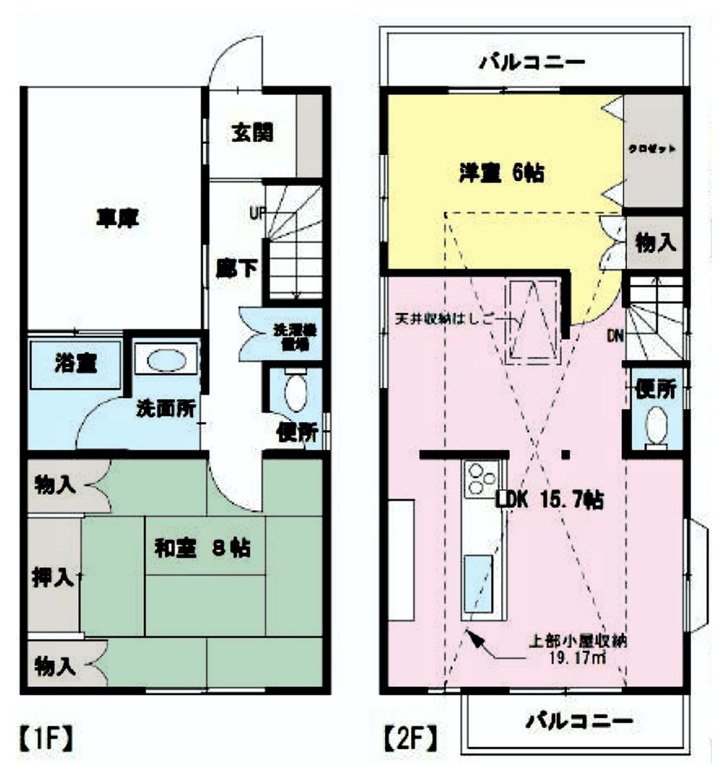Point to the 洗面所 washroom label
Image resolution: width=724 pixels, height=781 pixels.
tap(166, 408)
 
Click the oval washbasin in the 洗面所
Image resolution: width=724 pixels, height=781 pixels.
tap(166, 360)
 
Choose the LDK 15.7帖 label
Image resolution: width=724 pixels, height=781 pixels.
tap(550, 499)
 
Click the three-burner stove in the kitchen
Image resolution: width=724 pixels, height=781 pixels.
tap(481, 478)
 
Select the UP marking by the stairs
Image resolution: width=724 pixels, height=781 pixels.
tap(256, 213)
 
